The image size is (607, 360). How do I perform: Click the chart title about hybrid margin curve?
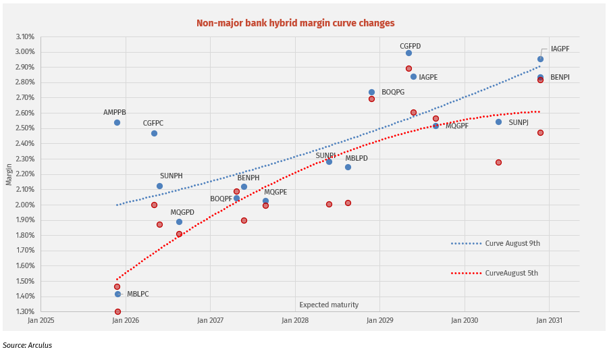tap(295, 23)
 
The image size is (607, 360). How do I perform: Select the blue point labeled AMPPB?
tap(117, 122)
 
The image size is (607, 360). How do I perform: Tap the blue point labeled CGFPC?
tap(154, 133)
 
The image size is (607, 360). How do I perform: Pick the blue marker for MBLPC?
tap(117, 294)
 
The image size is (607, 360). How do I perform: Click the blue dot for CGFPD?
tap(408, 53)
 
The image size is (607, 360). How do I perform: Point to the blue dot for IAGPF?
tap(540, 59)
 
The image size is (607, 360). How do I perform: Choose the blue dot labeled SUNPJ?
tap(498, 122)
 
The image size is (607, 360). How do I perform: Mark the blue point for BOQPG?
tap(371, 92)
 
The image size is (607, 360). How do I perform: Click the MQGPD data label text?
tap(182, 212)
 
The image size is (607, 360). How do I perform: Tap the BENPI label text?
tap(560, 78)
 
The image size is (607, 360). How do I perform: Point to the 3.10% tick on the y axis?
tap(25, 36)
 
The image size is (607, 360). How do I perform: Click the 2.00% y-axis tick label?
tap(25, 205)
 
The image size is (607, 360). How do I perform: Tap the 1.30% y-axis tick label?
tap(25, 311)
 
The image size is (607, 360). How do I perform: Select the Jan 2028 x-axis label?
tap(295, 319)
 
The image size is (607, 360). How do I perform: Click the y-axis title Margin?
tap(9, 174)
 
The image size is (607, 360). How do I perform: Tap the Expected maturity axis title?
tap(329, 305)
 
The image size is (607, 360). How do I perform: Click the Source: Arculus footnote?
tap(27, 345)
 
